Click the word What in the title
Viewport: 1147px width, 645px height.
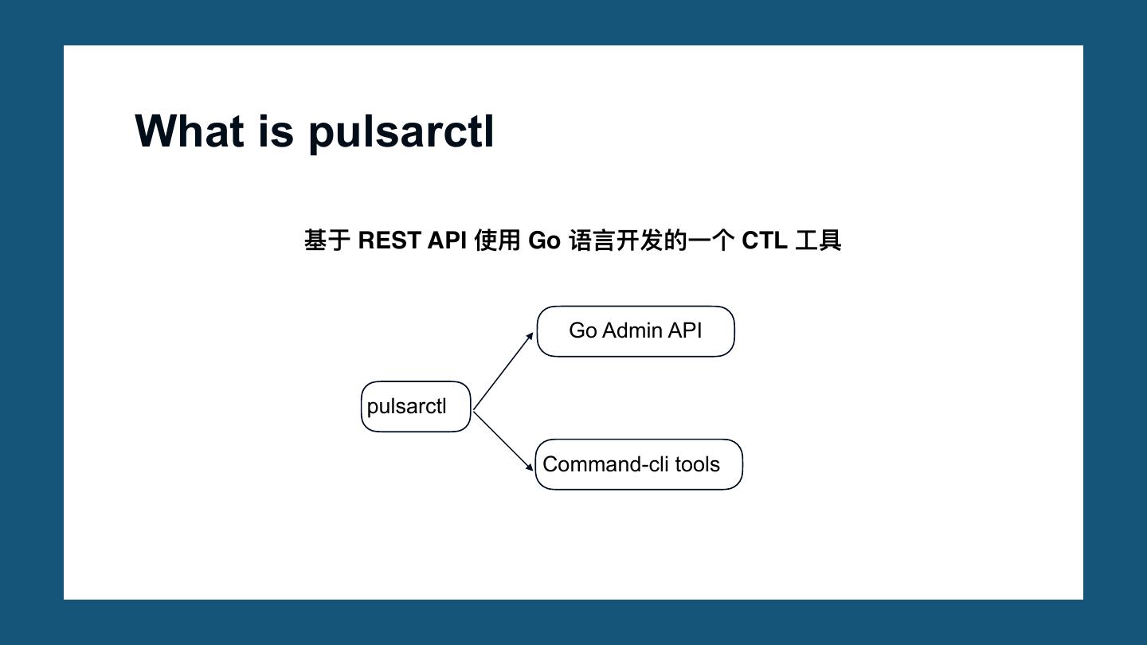(190, 131)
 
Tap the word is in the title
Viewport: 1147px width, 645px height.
(276, 131)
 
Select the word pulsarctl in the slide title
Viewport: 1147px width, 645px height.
(401, 132)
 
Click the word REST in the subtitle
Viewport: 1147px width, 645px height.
(389, 240)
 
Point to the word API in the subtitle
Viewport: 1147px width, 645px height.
(447, 240)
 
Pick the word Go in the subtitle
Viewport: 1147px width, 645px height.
(544, 240)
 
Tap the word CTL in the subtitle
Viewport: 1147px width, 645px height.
(765, 240)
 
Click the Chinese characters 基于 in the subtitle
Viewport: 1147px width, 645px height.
(327, 240)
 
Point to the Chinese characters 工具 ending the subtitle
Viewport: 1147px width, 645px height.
(818, 240)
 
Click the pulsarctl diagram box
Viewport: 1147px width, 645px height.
(416, 407)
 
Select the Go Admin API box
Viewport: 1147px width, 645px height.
(636, 331)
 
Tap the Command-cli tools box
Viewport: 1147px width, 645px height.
(639, 464)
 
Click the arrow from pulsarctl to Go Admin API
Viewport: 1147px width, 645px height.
(503, 372)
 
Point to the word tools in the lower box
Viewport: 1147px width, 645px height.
(697, 464)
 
